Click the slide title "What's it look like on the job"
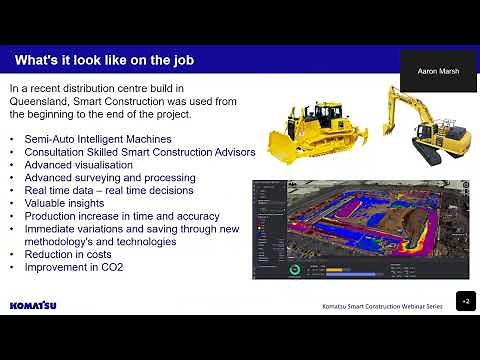(104, 61)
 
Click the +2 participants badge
(465, 301)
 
